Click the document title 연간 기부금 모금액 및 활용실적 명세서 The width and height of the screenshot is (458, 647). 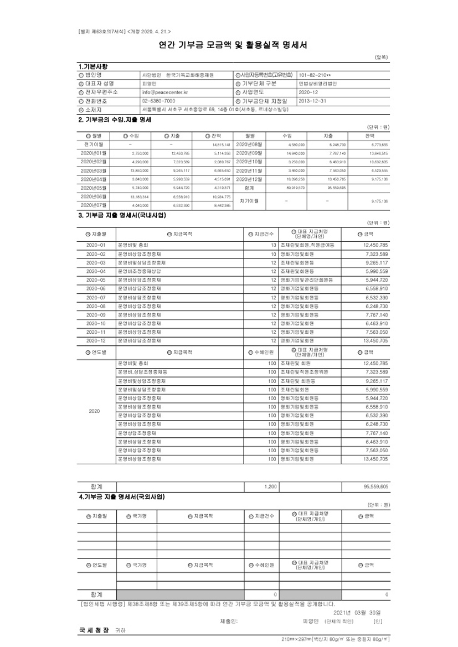point(229,45)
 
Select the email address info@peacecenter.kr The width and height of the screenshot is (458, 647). point(165,92)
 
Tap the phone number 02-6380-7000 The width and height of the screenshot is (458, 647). point(158,101)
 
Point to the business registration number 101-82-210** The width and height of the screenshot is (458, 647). point(315,75)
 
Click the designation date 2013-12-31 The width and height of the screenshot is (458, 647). point(311,101)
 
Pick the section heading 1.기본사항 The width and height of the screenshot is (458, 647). point(94,66)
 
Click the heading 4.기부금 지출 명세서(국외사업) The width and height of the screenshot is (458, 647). point(122,496)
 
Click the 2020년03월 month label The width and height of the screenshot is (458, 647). point(96,170)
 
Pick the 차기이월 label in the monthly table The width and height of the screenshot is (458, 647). point(245,201)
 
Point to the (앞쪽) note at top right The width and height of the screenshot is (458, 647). point(382,56)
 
